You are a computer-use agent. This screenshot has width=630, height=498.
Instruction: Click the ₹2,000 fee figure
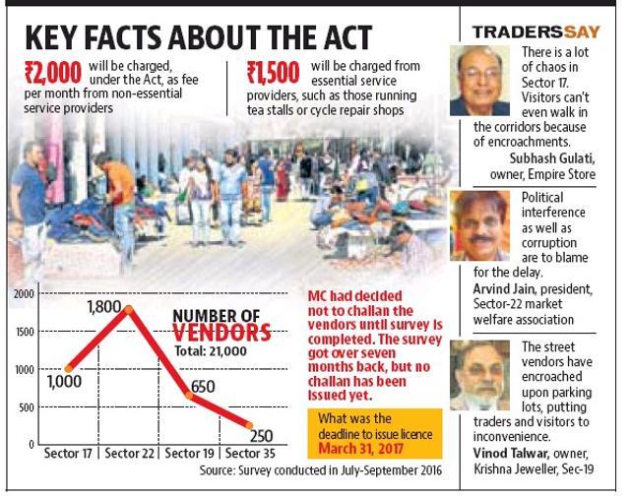(x=53, y=73)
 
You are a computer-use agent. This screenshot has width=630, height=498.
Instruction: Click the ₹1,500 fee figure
(x=274, y=72)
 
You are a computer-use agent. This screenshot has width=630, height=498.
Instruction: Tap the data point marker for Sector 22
(x=129, y=309)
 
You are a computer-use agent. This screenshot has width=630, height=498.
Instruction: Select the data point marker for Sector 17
(x=69, y=368)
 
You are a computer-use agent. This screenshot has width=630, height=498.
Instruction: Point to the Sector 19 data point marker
(x=189, y=396)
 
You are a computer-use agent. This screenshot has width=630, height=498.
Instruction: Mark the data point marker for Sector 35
(x=249, y=425)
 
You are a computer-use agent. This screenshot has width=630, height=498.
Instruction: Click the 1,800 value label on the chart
(x=104, y=307)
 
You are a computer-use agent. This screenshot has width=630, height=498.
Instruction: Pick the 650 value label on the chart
(x=203, y=387)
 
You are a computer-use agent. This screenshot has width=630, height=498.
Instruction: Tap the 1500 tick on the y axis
(x=25, y=332)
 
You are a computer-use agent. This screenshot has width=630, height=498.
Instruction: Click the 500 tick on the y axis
(x=27, y=407)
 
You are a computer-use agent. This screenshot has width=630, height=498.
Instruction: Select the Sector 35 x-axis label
(x=250, y=454)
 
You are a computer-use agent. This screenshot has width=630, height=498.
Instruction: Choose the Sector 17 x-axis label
(x=68, y=454)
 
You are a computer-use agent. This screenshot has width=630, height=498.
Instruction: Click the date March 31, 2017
(x=360, y=448)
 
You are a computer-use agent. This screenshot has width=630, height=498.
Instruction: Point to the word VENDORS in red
(x=221, y=333)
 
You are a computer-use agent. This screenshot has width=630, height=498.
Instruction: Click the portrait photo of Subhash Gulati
(x=479, y=81)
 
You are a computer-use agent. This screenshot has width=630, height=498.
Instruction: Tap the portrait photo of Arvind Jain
(x=479, y=225)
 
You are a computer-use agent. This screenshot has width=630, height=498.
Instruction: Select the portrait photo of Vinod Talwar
(x=479, y=375)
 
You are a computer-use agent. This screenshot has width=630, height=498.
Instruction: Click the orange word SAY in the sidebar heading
(x=582, y=32)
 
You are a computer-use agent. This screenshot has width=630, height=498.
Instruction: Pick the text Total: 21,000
(x=211, y=351)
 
